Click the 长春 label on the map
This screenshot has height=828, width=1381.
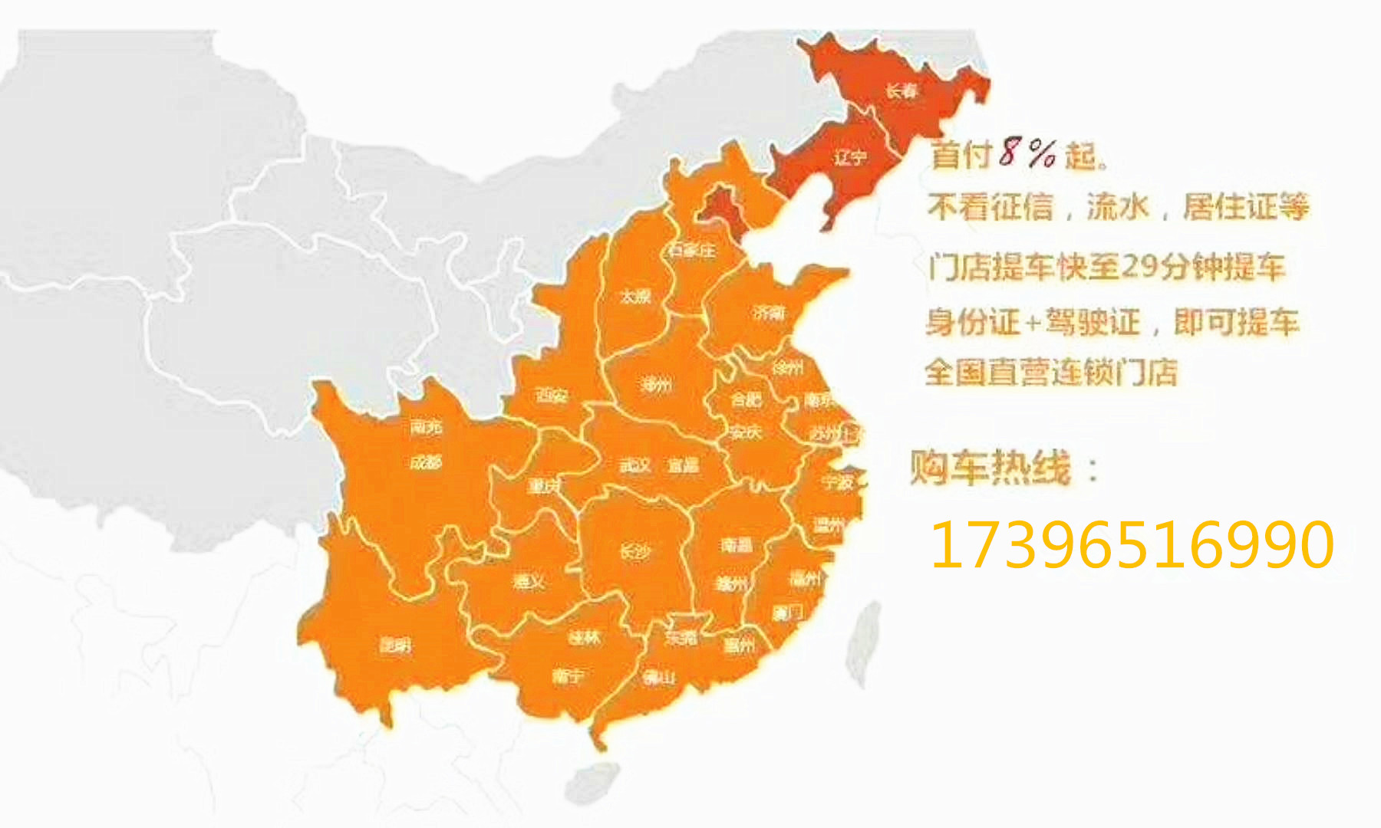tap(901, 90)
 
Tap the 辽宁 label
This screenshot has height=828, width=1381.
tap(850, 158)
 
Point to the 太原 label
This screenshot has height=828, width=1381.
tap(635, 296)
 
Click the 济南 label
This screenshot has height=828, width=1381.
tap(769, 312)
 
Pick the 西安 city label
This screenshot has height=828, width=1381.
tap(551, 396)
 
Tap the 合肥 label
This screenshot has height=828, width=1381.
tap(746, 399)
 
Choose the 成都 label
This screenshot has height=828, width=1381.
tap(426, 462)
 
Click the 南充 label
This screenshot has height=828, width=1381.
tap(426, 426)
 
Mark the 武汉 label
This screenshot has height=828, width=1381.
tap(635, 465)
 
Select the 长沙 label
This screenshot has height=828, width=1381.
tap(635, 551)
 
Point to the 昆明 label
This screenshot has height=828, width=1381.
tap(396, 645)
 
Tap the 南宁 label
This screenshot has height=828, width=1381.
tap(568, 676)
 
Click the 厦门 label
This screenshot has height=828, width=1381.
tap(787, 613)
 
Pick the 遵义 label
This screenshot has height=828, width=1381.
tap(529, 582)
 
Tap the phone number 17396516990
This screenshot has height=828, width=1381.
tap(1132, 544)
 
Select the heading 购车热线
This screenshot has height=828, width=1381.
tap(990, 467)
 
